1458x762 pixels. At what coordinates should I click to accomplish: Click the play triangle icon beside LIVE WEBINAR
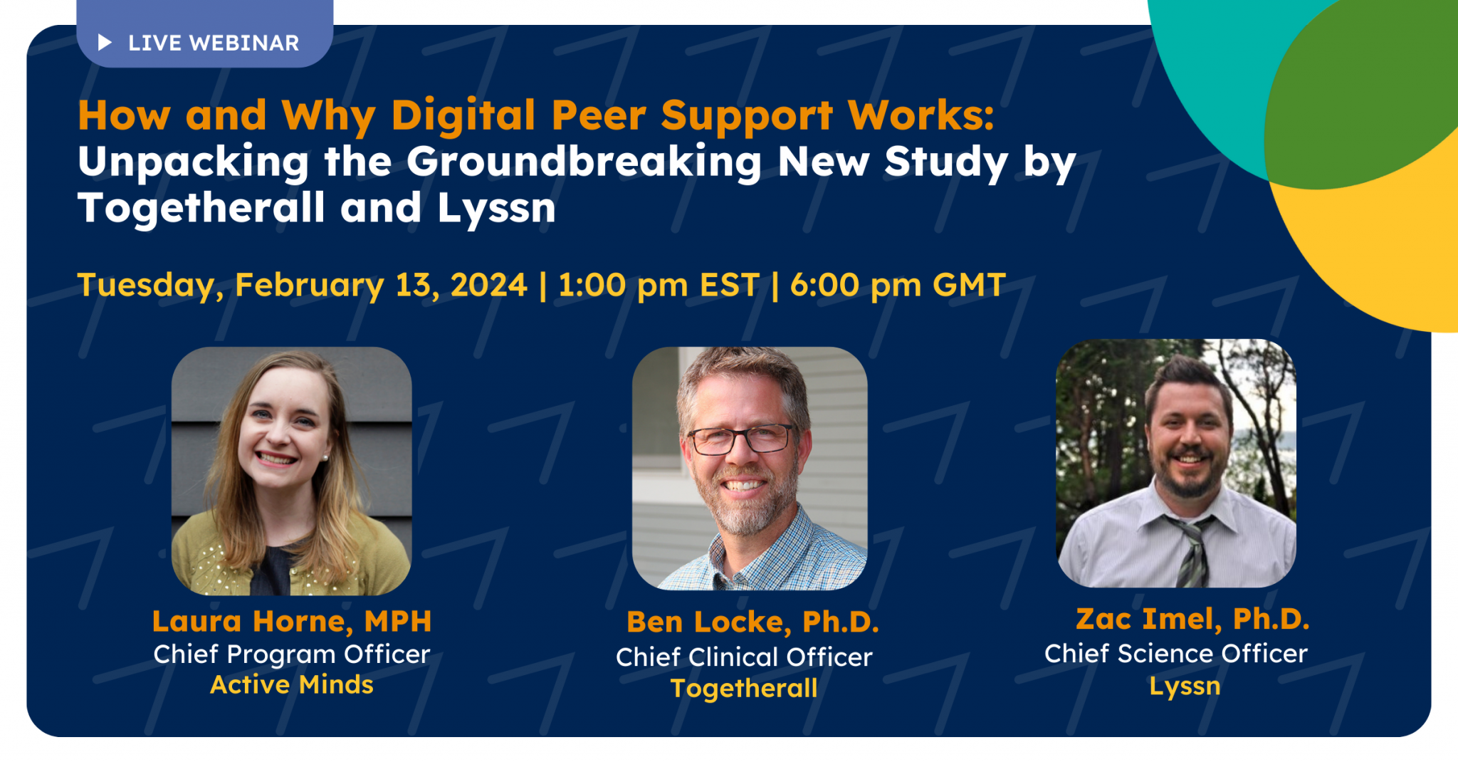click(105, 43)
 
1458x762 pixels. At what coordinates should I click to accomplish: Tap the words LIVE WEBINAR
click(214, 43)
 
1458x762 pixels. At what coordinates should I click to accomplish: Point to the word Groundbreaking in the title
click(584, 162)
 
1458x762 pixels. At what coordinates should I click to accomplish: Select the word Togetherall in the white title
click(201, 208)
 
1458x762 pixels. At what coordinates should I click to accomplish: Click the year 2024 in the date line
click(488, 285)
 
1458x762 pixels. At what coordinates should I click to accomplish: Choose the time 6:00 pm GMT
click(898, 285)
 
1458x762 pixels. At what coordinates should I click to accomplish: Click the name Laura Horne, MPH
click(292, 621)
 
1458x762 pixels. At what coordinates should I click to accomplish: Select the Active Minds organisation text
click(292, 684)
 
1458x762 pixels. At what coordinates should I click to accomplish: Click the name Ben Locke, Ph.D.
click(752, 622)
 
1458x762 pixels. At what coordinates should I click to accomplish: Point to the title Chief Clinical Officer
click(744, 657)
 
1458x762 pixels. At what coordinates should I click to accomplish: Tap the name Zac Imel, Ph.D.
click(1192, 619)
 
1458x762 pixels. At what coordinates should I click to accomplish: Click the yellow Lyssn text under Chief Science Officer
click(1185, 686)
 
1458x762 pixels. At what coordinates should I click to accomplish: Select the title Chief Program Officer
click(292, 654)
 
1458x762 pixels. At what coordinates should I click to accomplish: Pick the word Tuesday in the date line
click(145, 285)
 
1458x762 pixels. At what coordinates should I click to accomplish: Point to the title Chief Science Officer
click(1176, 653)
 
